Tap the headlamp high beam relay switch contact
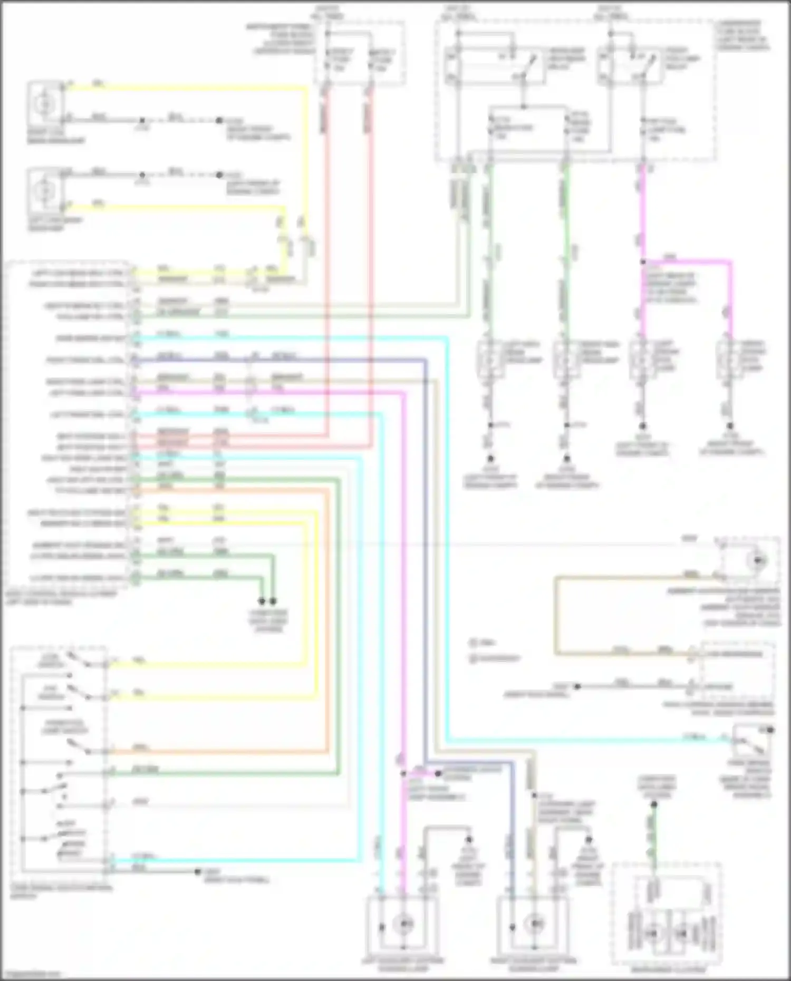pos(529,67)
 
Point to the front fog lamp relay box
pos(630,65)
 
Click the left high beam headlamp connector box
pos(490,360)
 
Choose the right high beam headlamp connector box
pos(566,360)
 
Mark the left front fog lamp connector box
pos(642,360)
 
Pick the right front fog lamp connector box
pos(730,360)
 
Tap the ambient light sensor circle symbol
pos(758,561)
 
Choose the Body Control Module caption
pos(61,598)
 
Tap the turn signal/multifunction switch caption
pos(61,891)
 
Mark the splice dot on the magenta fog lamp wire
pos(643,261)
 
